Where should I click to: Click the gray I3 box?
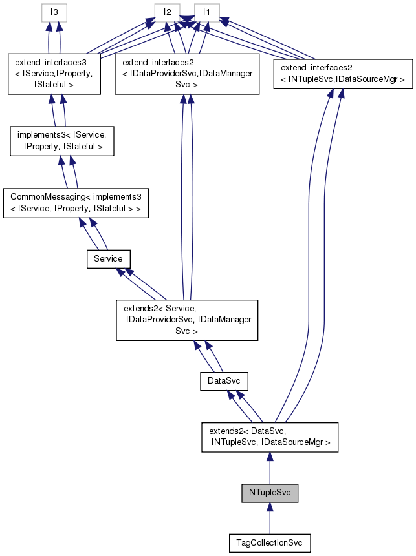tap(55, 12)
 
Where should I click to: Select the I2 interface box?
tap(167, 12)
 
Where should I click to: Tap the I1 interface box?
tap(206, 12)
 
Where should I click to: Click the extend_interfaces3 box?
tap(54, 74)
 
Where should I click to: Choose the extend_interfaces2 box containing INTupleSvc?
tap(343, 73)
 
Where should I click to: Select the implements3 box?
tap(62, 141)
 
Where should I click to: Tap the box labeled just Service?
tap(108, 258)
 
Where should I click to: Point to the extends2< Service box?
tap(187, 320)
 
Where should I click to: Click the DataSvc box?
tap(224, 382)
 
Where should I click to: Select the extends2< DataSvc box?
tap(270, 437)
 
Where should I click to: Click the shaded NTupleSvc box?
tap(270, 493)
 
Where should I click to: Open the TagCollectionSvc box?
tap(270, 543)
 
